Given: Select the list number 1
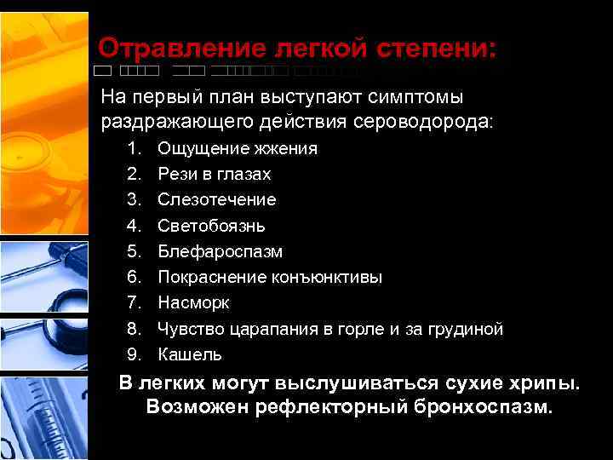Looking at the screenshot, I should [x=134, y=149].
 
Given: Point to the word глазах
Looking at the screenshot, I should [x=243, y=175].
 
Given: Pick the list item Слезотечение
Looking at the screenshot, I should [x=217, y=200].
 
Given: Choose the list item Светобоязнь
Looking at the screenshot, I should [x=212, y=227].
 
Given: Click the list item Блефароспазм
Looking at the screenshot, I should [x=221, y=252].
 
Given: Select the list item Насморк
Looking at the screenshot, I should [x=194, y=303].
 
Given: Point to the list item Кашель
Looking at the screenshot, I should [x=190, y=354].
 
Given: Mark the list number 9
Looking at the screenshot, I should [x=134, y=354].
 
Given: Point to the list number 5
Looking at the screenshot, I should [x=134, y=252].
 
